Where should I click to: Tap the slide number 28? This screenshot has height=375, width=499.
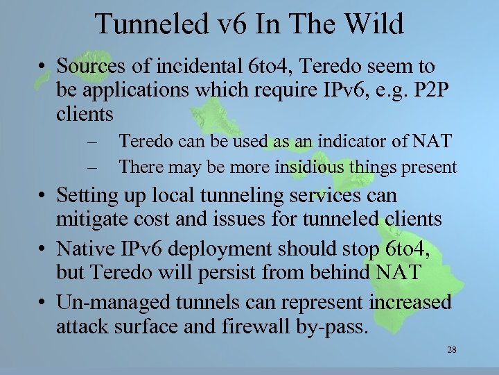click(x=451, y=349)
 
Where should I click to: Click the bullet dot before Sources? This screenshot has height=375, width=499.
click(x=43, y=67)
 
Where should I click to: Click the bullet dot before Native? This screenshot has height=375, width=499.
click(x=43, y=249)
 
